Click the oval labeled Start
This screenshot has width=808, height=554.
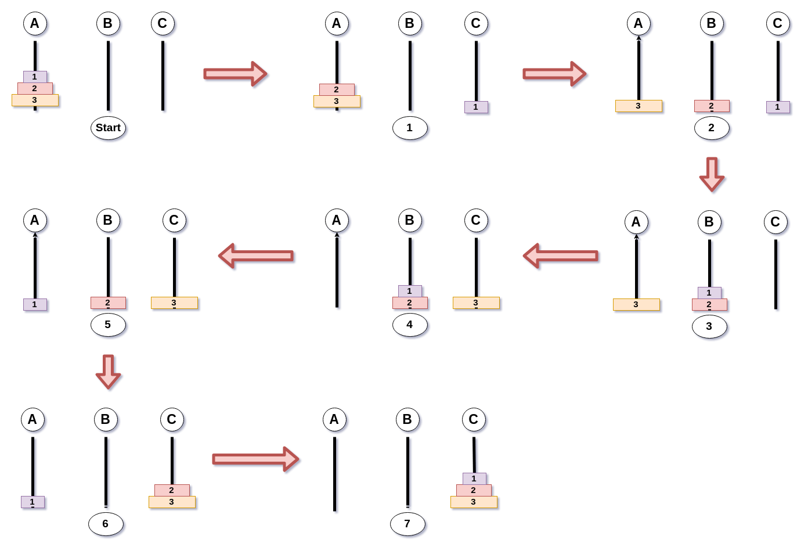click(108, 128)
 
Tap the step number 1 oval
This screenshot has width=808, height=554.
click(410, 128)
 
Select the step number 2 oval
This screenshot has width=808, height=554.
click(712, 128)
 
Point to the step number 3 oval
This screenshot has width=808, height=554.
click(709, 326)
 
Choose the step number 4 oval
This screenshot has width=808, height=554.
click(410, 325)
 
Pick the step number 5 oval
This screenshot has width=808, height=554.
click(108, 325)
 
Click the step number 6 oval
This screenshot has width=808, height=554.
click(106, 524)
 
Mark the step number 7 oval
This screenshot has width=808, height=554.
click(407, 524)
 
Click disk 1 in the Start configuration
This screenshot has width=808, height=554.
click(35, 77)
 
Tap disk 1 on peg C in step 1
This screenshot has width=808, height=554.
click(476, 107)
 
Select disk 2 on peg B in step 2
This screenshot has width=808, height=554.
click(712, 106)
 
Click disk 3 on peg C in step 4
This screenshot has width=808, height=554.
click(476, 303)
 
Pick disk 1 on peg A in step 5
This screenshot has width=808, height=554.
click(35, 304)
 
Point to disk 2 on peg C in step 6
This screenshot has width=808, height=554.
click(172, 490)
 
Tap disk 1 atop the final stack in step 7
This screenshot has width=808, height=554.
click(474, 479)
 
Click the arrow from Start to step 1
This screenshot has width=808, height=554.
click(235, 74)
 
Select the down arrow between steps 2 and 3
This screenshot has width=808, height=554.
click(712, 174)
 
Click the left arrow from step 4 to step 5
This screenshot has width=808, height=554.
click(256, 256)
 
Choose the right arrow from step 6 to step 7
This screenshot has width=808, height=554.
click(255, 459)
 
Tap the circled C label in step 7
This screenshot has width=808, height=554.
click(474, 419)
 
